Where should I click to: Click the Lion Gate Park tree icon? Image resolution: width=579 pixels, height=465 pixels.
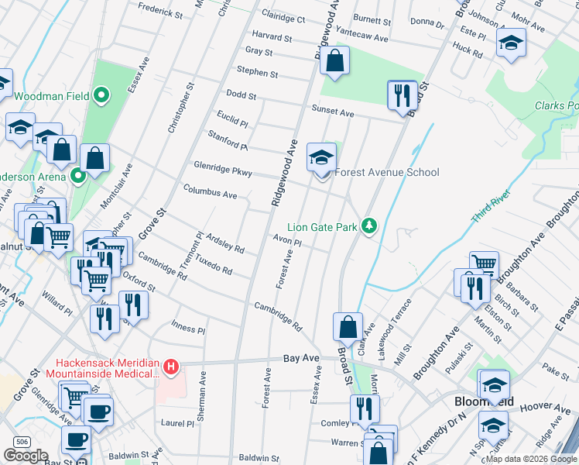[x=370, y=226]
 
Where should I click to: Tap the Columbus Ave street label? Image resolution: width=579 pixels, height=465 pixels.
[x=210, y=191]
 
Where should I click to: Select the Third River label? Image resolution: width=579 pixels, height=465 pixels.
[x=495, y=208]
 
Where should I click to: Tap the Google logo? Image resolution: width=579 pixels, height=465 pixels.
[x=26, y=456]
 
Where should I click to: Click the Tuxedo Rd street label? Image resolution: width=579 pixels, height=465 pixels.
[x=214, y=264]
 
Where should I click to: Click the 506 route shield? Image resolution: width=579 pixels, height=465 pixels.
[x=22, y=442]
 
